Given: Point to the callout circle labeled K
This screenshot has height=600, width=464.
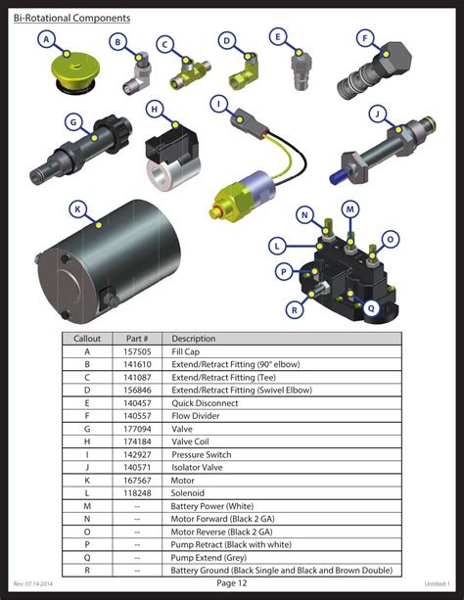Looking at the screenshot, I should point(77,208).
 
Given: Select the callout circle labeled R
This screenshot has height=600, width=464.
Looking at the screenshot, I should point(293,309).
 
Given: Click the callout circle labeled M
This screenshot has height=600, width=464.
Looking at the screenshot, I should point(350,209).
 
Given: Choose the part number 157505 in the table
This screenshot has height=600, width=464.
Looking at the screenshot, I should point(137,350).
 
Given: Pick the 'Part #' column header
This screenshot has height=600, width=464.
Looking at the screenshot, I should point(137,338).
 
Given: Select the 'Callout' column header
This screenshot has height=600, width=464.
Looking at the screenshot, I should point(87,338).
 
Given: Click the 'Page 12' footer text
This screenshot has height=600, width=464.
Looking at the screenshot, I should point(232,583).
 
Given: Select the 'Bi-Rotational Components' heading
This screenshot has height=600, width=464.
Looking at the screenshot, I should point(71,18).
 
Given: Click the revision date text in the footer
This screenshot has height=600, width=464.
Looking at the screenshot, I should point(35,584).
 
